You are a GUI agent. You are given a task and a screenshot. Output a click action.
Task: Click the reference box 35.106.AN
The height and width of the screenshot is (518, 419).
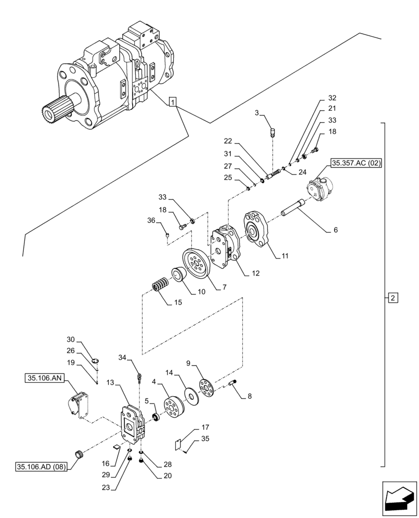point(44,379)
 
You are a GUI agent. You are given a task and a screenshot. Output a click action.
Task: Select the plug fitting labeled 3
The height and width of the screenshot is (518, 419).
point(272,131)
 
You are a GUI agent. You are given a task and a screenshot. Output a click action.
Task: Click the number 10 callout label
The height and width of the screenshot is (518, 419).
point(201,292)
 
